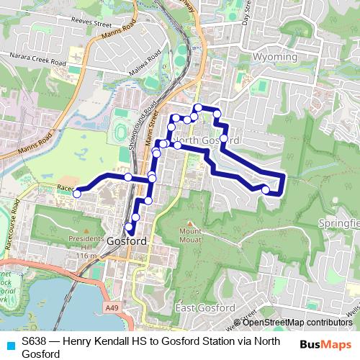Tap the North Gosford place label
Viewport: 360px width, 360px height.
click(207, 139)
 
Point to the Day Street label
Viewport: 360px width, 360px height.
click(246, 14)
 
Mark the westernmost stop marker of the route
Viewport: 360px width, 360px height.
click(77, 192)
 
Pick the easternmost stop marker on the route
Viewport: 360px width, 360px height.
click(266, 190)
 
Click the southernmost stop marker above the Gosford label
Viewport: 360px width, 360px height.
click(130, 228)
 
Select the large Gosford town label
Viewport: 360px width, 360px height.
click(126, 242)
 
